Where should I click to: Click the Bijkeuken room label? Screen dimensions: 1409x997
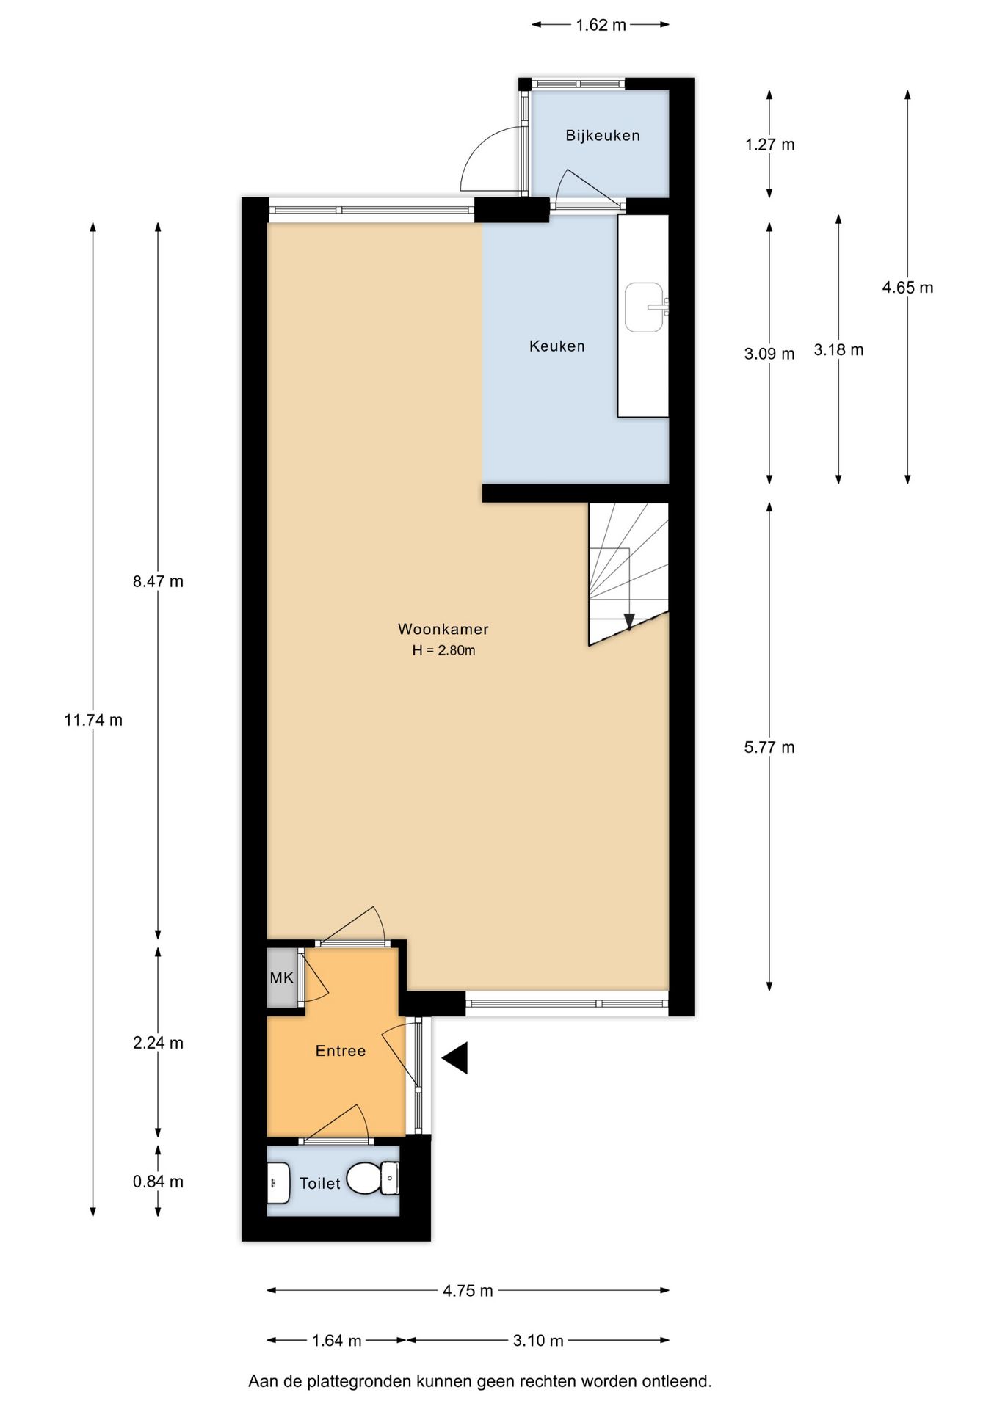[602, 136]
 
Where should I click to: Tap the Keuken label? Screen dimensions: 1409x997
[556, 346]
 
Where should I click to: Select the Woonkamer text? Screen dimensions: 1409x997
[443, 629]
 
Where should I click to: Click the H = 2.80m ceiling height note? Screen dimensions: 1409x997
[443, 650]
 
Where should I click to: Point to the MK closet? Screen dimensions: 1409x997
[281, 977]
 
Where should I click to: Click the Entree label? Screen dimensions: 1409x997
[340, 1051]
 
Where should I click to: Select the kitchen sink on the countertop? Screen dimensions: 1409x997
[644, 307]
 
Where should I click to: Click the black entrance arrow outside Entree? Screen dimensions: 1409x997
[456, 1058]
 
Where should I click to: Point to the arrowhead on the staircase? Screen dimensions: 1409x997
[628, 622]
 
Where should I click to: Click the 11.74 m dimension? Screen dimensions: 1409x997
[93, 720]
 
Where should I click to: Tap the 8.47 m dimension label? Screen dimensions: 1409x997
[158, 582]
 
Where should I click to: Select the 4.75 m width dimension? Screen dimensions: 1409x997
[468, 1291]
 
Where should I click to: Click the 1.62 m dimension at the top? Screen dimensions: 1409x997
[601, 25]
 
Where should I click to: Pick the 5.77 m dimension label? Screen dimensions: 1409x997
[769, 748]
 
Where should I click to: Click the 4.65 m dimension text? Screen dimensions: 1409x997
[907, 288]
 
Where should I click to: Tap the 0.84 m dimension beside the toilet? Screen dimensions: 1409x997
[158, 1182]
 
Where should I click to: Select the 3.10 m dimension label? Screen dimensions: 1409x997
[537, 1341]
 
